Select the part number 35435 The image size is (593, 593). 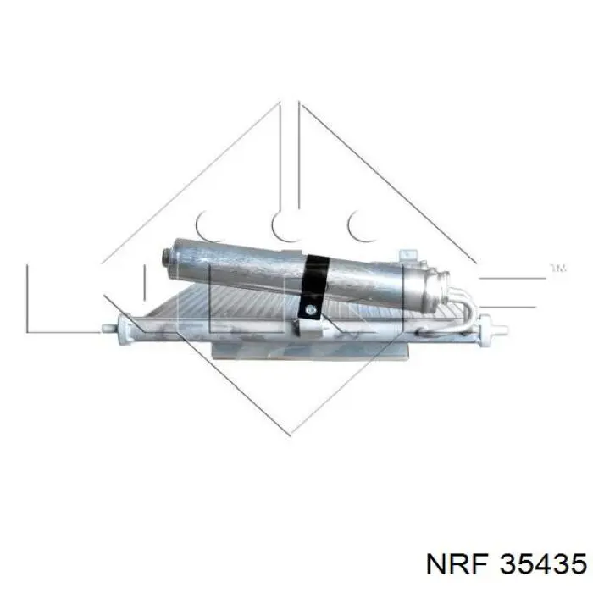point(544,564)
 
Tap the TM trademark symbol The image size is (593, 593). point(558,269)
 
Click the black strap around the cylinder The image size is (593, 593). point(313,286)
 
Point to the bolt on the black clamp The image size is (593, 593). point(311,310)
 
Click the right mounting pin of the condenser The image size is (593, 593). point(499,329)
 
